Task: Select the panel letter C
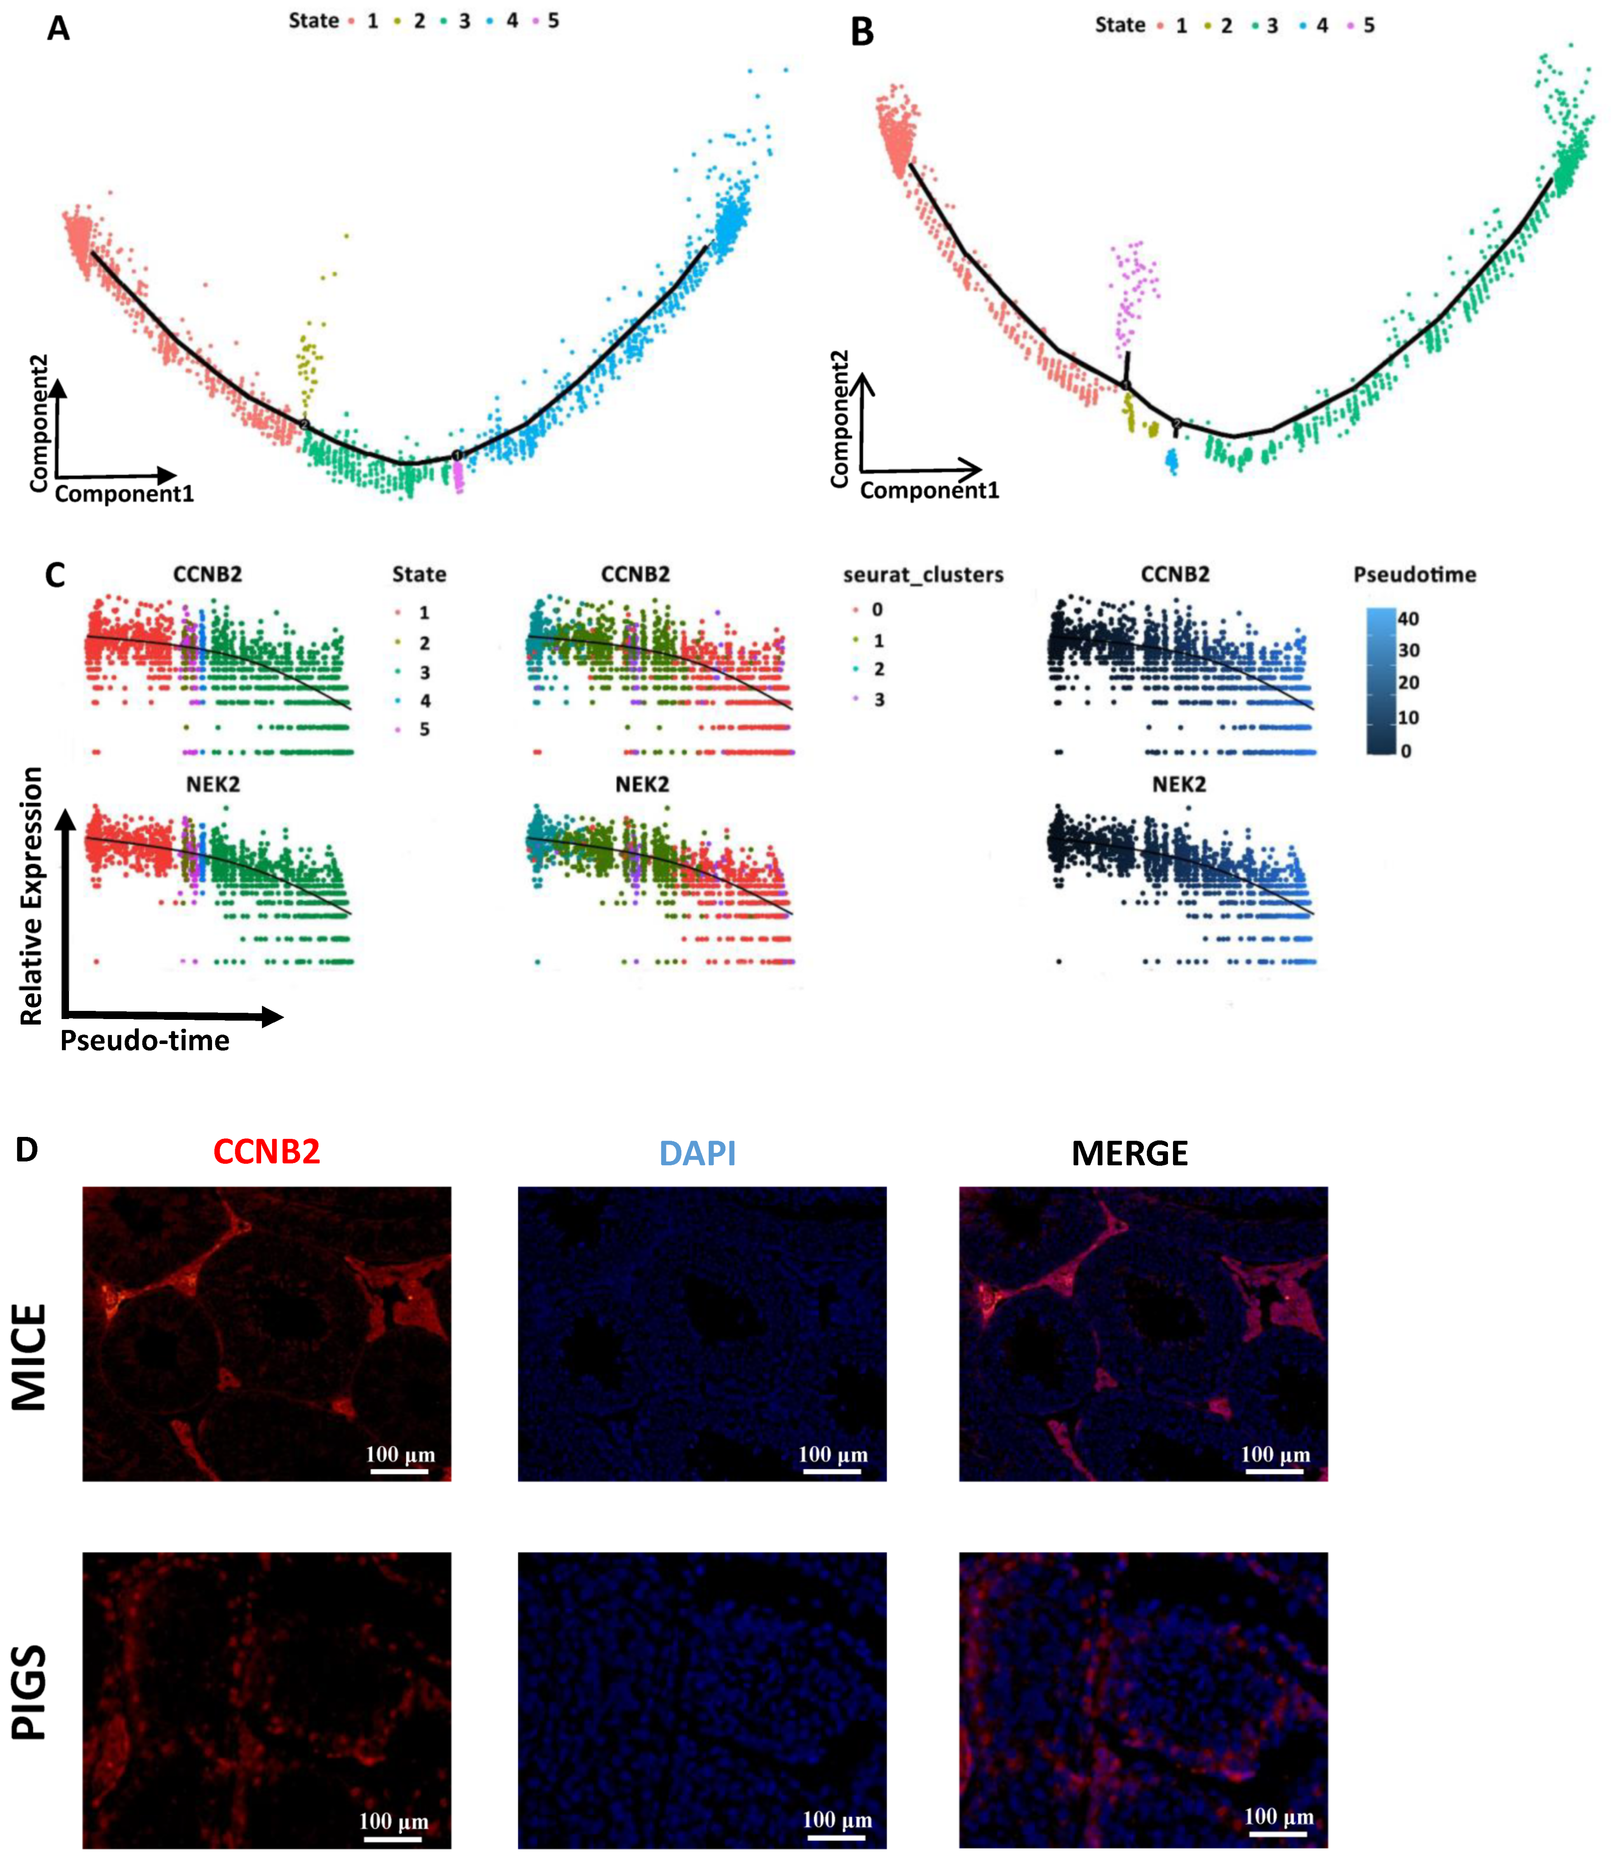pyautogui.click(x=55, y=575)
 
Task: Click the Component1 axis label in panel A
pyautogui.click(x=124, y=493)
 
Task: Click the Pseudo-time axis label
pyautogui.click(x=145, y=1041)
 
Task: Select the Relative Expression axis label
pyautogui.click(x=31, y=896)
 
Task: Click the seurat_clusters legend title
pyautogui.click(x=923, y=574)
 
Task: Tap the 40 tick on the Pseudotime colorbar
pyautogui.click(x=1408, y=618)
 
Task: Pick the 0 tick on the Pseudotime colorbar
pyautogui.click(x=1406, y=751)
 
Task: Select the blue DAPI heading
pyautogui.click(x=698, y=1153)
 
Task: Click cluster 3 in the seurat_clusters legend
pyautogui.click(x=878, y=699)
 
